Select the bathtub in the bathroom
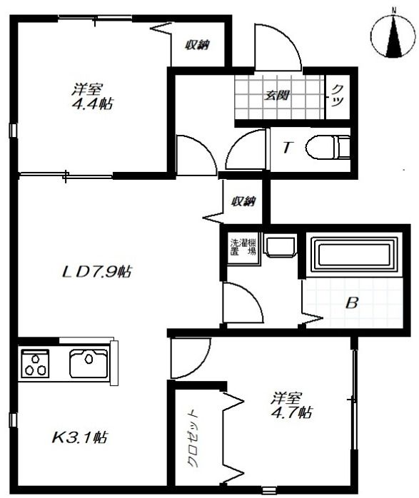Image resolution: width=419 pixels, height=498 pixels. pos(354,254)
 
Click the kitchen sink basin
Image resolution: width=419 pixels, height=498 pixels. pos(89,363)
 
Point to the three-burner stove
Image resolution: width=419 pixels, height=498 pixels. pos(35,363)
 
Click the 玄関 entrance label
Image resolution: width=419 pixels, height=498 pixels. pos(277,95)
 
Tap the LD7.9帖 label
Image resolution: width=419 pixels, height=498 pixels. pos(96,272)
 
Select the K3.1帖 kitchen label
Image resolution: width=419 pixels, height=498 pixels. pos(79,437)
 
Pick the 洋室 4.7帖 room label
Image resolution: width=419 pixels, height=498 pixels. pos(291,405)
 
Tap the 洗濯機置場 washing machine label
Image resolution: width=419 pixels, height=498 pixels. pos(243,247)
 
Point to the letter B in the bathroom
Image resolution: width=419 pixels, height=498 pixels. pos(352,303)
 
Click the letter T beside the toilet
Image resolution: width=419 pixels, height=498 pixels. pos(287,148)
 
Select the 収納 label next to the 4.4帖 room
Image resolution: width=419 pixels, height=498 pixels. pos(197,45)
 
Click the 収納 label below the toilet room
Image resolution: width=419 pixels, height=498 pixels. pos(243,201)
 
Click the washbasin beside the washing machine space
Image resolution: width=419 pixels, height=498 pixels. pos(281,245)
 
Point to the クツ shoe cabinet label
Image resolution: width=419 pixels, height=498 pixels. pos(338,96)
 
